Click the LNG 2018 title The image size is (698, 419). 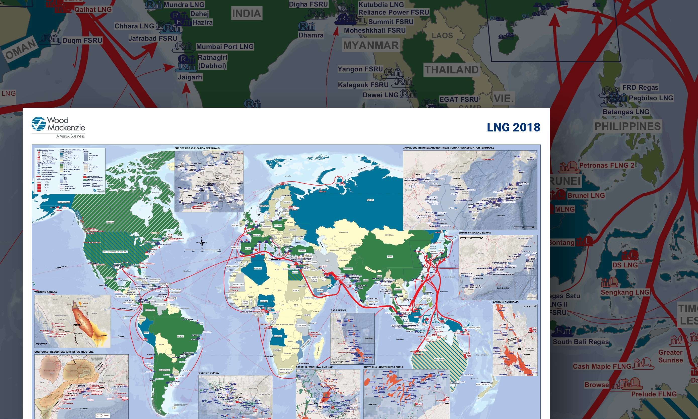click(513, 127)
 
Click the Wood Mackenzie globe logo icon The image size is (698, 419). click(39, 124)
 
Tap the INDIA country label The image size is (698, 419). click(246, 14)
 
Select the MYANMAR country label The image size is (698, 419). click(371, 45)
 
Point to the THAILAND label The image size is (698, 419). click(452, 70)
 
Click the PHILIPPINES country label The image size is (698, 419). click(627, 126)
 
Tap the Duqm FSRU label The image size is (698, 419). click(82, 40)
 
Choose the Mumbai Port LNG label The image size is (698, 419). click(225, 46)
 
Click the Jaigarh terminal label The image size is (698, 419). click(190, 77)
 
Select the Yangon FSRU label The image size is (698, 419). click(360, 69)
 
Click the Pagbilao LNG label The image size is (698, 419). click(651, 98)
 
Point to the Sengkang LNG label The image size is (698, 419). click(625, 292)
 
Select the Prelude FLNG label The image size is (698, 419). click(654, 394)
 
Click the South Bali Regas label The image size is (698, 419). click(581, 342)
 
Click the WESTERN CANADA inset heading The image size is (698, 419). click(45, 292)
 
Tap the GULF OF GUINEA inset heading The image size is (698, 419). click(208, 373)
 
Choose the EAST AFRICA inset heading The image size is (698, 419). click(338, 310)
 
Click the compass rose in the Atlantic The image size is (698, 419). click(202, 243)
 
